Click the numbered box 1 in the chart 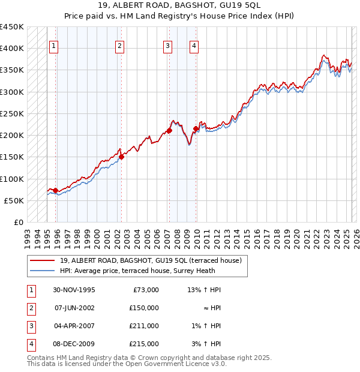coord(54,46)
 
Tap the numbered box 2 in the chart coord(119,46)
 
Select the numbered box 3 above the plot coord(167,46)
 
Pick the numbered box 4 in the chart coord(194,46)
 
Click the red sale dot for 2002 coord(121,157)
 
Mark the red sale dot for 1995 coord(56,191)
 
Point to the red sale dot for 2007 coord(170,130)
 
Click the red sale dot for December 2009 coord(196,128)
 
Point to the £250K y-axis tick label coord(12,113)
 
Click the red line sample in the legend coord(42,260)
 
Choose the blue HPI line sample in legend coord(42,270)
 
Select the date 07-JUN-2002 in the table coord(75,308)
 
